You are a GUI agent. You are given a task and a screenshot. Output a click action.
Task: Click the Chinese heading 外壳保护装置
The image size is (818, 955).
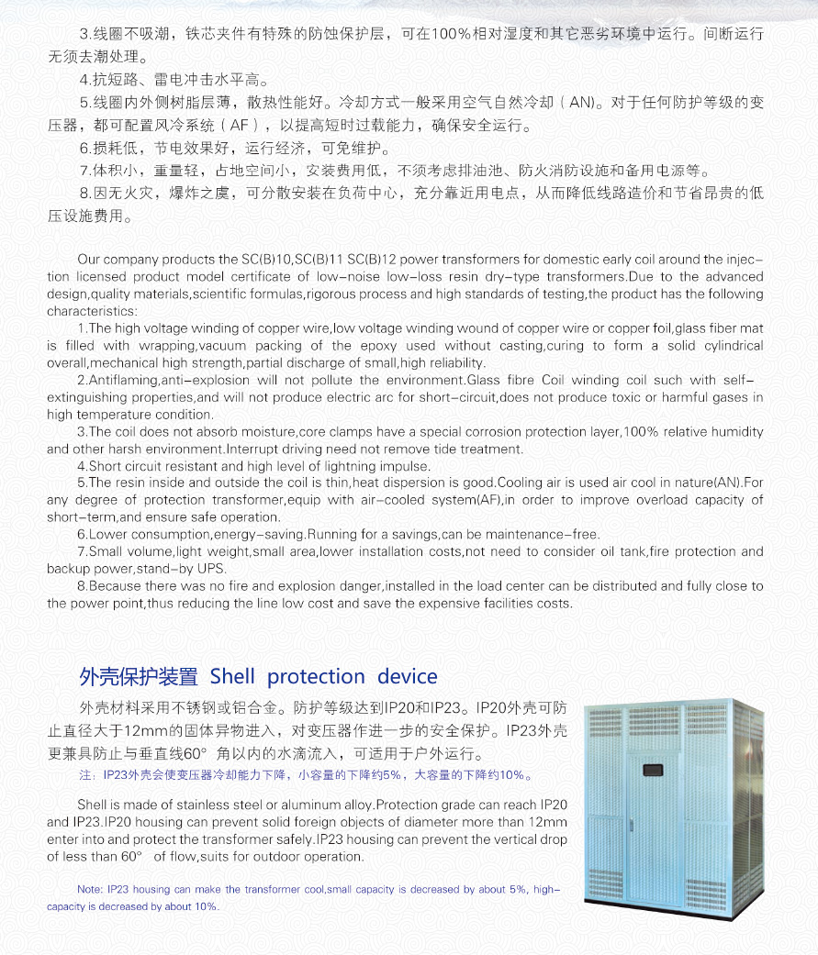(x=139, y=677)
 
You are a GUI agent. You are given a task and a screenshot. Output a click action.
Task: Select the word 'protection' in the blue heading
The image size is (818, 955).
(x=316, y=677)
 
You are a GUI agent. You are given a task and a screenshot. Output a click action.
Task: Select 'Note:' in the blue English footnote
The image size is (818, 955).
(x=90, y=890)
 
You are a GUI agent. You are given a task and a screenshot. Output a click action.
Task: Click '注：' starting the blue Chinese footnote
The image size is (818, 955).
(x=87, y=775)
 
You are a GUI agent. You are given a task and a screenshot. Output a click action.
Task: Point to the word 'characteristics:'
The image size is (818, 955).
(x=90, y=311)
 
